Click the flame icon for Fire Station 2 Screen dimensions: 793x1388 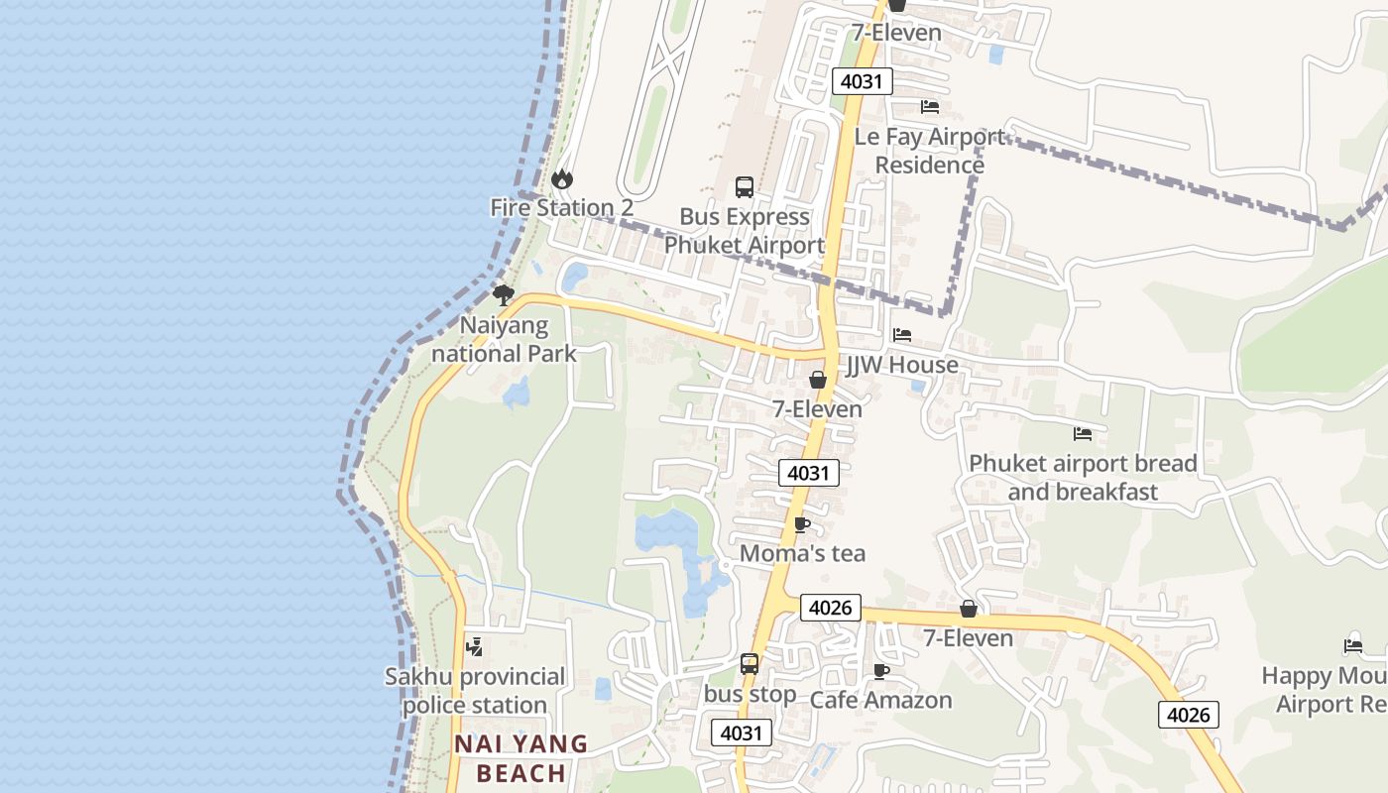click(x=562, y=179)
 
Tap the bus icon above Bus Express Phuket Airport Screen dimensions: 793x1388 click(x=744, y=186)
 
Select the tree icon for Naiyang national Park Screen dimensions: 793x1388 click(x=504, y=294)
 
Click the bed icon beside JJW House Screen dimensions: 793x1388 click(x=902, y=335)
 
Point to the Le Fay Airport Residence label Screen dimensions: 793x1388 click(x=929, y=151)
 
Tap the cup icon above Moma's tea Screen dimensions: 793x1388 click(x=802, y=524)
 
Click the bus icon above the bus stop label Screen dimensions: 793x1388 click(x=750, y=664)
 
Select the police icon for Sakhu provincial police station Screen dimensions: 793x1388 click(x=475, y=647)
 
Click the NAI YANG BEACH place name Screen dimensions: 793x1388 click(x=521, y=758)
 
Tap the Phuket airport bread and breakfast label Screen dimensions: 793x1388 click(x=1083, y=478)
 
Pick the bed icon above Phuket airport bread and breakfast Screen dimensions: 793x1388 click(x=1083, y=433)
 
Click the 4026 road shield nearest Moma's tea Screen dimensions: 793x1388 click(x=830, y=608)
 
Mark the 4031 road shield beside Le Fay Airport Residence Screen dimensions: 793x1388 click(x=862, y=81)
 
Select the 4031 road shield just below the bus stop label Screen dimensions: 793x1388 click(x=742, y=733)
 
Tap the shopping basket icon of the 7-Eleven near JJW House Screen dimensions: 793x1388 click(x=818, y=380)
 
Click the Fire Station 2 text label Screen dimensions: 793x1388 click(x=561, y=208)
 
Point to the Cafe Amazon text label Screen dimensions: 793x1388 click(x=880, y=700)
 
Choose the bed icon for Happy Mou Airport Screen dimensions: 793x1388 click(x=1353, y=646)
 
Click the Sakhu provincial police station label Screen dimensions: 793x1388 click(x=475, y=691)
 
